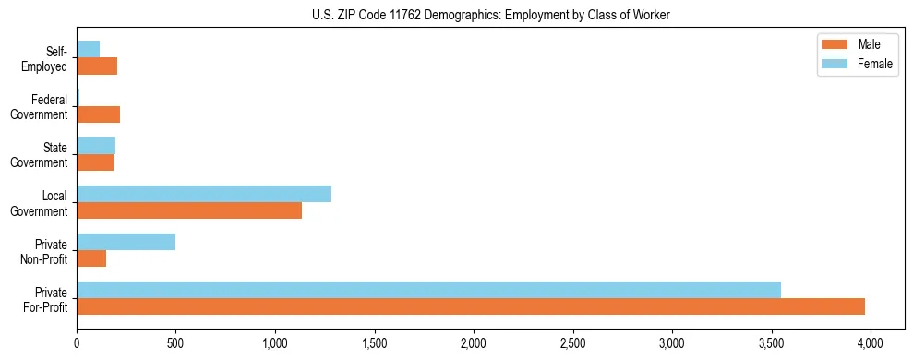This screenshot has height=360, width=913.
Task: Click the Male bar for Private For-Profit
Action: [x=471, y=306]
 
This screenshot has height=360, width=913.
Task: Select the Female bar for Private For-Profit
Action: [x=428, y=290]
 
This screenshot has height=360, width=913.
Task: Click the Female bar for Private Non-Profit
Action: [x=126, y=242]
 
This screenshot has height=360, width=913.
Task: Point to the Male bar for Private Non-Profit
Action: [x=91, y=258]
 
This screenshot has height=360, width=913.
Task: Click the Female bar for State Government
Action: [x=96, y=146]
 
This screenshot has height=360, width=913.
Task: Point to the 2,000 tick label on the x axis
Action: [x=474, y=343]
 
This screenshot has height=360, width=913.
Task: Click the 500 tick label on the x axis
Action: [x=176, y=343]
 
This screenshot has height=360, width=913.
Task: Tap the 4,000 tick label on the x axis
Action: [x=871, y=343]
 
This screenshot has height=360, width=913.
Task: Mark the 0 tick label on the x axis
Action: [x=77, y=343]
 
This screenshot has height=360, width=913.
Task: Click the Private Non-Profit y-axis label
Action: [x=48, y=251]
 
